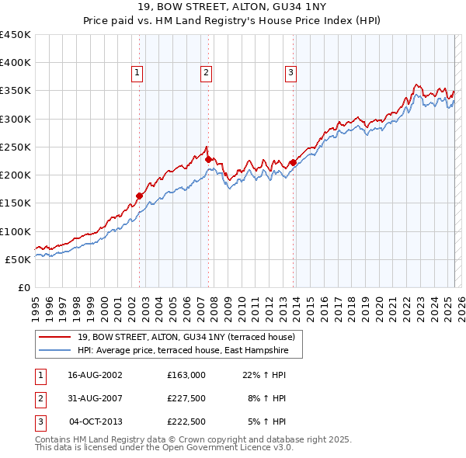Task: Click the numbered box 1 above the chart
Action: coord(137,73)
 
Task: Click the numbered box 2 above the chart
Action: coord(207,73)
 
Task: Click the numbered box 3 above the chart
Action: coord(291,73)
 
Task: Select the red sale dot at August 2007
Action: coord(209,159)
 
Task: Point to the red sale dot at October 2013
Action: coord(293,162)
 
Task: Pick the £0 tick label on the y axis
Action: coord(25,287)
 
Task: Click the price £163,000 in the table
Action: coord(186,374)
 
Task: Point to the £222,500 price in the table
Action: coord(186,422)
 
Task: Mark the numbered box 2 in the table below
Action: coord(40,398)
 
